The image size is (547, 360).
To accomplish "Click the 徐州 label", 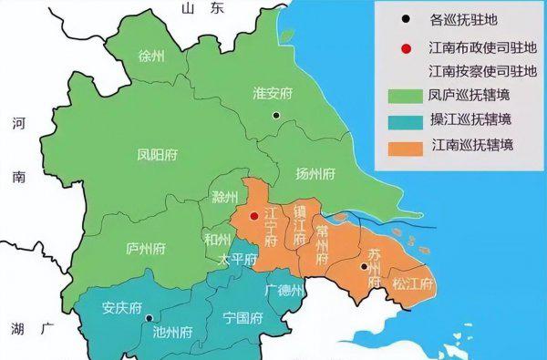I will coord(151,57).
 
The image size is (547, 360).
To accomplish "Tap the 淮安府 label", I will coord(273,93).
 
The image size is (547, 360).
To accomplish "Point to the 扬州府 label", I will coord(316,173).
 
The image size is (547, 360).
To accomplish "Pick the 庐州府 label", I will coord(145,247).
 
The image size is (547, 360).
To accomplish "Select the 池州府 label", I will coord(174,331).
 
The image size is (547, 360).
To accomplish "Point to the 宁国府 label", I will coord(243,318).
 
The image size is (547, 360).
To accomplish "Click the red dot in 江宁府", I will coord(254,217).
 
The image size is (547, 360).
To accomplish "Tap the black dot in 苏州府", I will coord(364,266).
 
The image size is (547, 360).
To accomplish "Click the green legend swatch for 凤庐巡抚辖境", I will coord(401,95).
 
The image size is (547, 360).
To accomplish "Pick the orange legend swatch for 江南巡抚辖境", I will coord(401,146).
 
